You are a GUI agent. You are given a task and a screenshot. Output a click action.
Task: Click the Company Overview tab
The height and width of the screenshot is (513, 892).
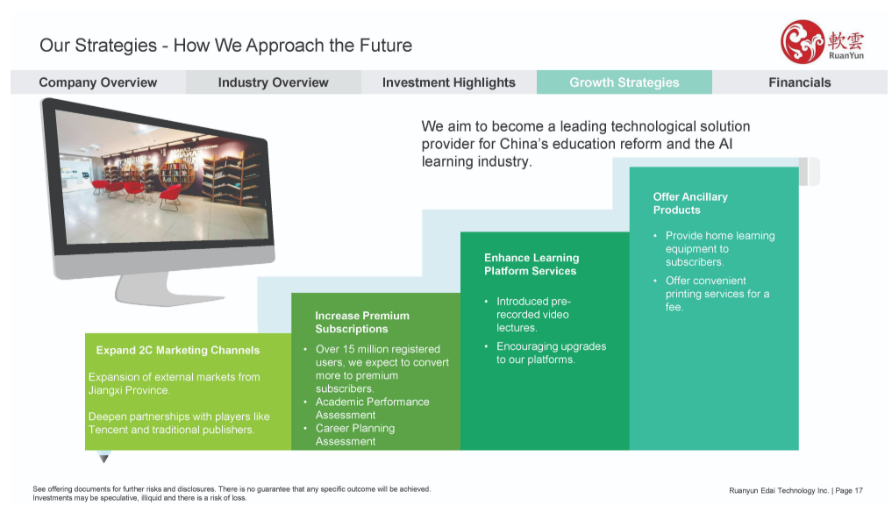pos(98,82)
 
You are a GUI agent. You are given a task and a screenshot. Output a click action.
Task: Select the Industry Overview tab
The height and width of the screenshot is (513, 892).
pos(273,82)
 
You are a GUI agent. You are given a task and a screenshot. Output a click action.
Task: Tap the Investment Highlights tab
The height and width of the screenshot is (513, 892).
pos(449,82)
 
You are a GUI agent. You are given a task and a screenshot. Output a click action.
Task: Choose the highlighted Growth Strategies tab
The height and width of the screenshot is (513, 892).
pos(624,82)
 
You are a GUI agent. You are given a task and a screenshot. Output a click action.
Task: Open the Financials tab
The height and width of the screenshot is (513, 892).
pos(799,82)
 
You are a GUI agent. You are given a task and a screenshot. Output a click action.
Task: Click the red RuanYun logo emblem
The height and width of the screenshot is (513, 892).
pos(803,41)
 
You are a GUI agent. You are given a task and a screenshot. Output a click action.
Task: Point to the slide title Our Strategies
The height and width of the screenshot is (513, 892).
pos(98,46)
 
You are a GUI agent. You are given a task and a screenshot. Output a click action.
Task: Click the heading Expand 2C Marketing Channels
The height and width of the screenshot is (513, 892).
pos(177,351)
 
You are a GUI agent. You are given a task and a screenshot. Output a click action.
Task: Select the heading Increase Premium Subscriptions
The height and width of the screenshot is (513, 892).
pos(362,323)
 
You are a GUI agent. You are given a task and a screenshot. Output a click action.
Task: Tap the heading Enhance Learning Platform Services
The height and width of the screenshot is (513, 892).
pos(532,265)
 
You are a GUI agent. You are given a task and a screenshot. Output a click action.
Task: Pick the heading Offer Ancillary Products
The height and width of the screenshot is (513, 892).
pos(690,203)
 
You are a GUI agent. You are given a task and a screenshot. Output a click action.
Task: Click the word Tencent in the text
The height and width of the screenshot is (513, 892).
pos(107,430)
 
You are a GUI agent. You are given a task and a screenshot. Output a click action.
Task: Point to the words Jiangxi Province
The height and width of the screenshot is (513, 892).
pos(129,390)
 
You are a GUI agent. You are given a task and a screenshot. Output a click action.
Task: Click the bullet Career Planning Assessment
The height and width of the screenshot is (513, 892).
pos(355,434)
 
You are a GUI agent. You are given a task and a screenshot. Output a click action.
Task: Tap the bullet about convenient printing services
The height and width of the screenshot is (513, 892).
pos(717,294)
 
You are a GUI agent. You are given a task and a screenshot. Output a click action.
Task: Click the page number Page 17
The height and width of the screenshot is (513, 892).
pos(849,490)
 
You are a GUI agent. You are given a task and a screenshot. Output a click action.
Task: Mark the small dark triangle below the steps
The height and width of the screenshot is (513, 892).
pos(103,457)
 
